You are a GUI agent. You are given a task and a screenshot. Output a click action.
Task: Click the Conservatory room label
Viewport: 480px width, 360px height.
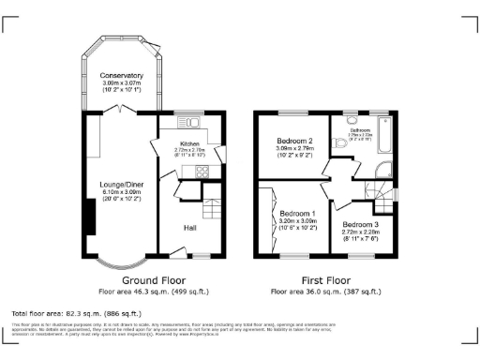122,75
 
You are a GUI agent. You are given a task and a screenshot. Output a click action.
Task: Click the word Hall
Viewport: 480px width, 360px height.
190,226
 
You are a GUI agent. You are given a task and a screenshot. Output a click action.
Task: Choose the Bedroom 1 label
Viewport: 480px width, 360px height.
300,213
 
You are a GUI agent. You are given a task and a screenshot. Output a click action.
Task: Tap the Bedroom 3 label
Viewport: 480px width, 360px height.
361,225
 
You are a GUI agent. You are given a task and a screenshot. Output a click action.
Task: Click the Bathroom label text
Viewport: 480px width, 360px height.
361,130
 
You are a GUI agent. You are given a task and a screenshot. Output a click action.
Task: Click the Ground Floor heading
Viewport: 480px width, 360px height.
153,279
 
